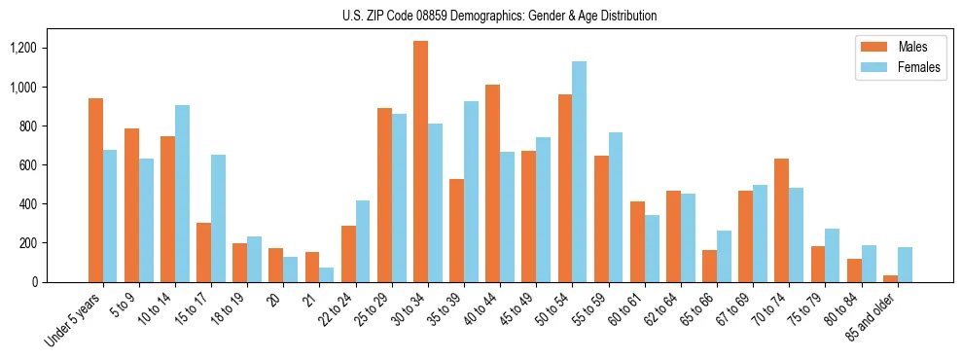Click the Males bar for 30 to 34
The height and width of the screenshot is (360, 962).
(420, 162)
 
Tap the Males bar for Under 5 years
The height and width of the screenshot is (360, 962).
(95, 191)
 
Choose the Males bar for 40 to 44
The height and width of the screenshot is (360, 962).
(492, 184)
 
